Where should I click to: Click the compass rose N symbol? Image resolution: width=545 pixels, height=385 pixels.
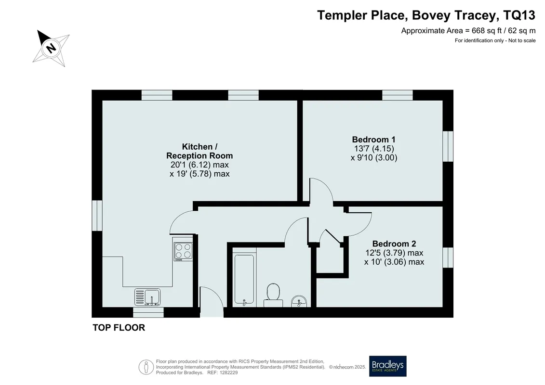51,48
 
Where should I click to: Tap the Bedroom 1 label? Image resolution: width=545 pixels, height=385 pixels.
373,140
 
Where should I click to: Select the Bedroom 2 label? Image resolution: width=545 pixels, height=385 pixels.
394,244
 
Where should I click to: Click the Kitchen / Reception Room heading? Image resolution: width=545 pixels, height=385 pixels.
199,151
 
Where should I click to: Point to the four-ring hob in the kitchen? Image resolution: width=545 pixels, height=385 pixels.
183,251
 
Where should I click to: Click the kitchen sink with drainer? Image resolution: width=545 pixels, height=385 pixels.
147,297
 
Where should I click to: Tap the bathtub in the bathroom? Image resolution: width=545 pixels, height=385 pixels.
244,280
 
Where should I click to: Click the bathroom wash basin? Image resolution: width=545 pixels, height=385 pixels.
299,301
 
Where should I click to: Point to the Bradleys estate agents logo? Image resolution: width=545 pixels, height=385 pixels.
387,366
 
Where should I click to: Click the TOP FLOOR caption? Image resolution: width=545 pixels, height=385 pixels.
119,328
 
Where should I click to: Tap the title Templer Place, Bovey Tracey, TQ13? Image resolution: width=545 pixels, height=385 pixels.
426,15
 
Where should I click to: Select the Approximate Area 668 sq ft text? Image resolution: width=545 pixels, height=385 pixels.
468,30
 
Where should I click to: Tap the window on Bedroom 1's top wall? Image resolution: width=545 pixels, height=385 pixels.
398,95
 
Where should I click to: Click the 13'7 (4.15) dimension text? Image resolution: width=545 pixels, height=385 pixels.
373,149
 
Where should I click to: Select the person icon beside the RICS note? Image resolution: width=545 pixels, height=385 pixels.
146,367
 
